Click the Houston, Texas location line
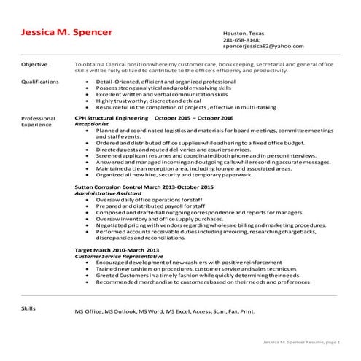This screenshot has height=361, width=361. pyautogui.click(x=244, y=34)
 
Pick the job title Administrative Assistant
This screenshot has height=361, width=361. pyautogui.click(x=109, y=193)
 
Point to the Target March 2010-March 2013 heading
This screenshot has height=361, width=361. pyautogui.click(x=117, y=250)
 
